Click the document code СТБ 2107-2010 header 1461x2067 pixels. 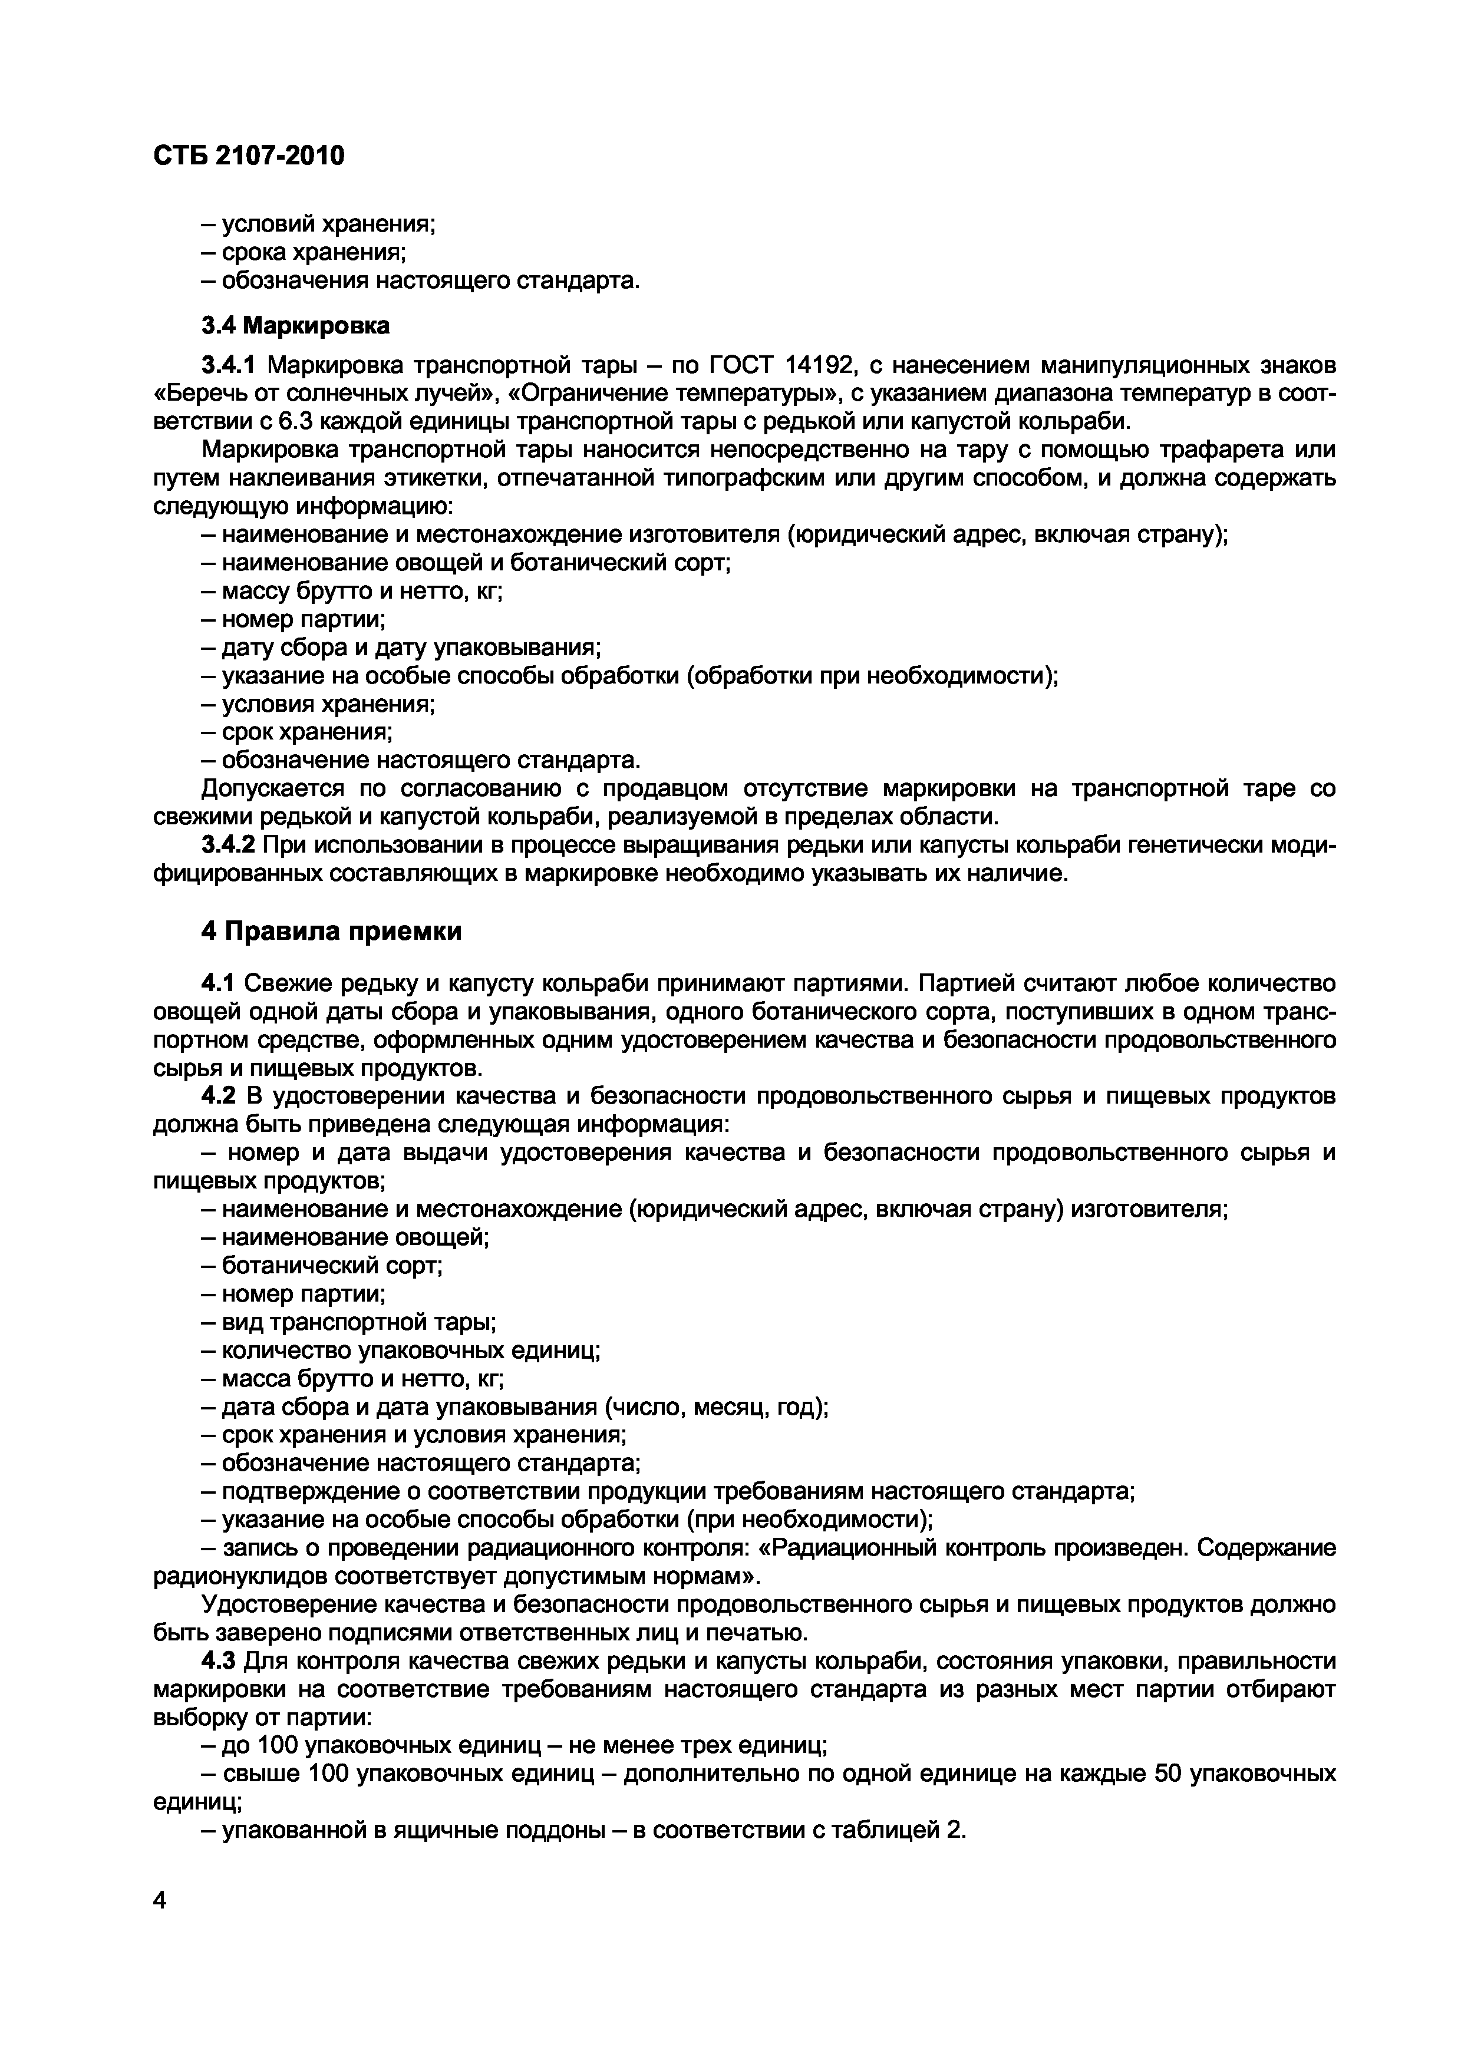click(249, 157)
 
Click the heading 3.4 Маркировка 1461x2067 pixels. click(294, 325)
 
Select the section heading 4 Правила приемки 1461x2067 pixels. click(331, 932)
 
